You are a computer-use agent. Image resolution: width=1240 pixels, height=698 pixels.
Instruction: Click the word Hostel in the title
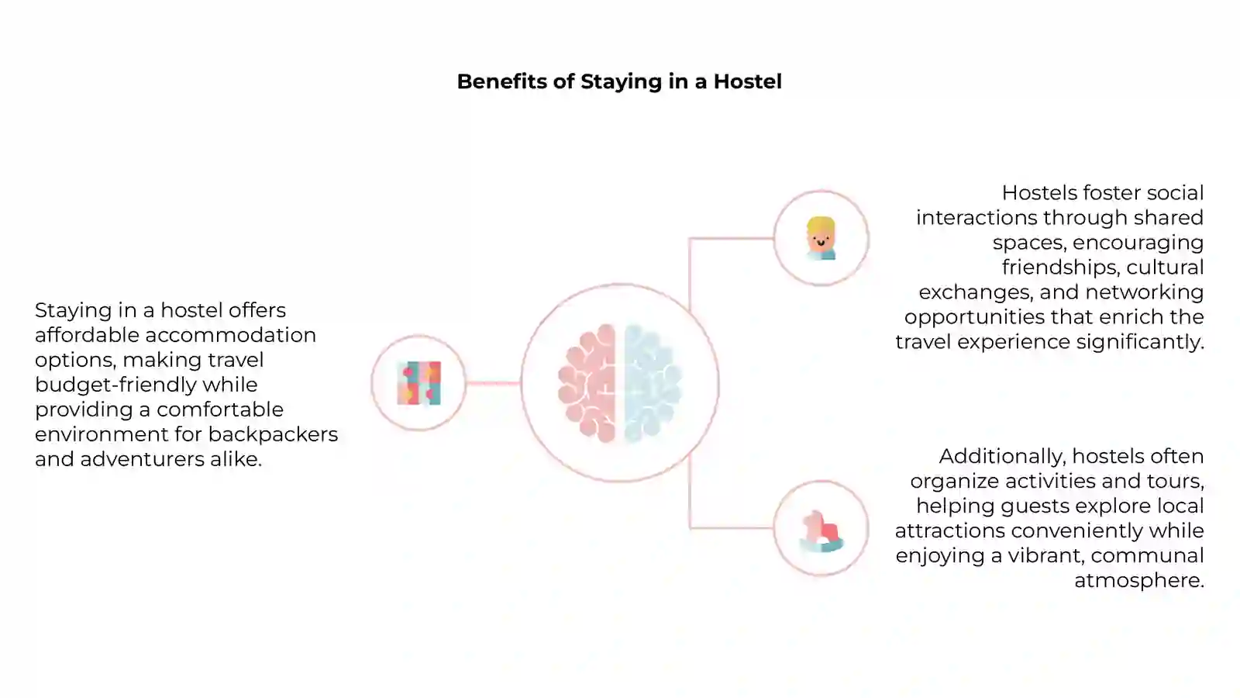click(747, 81)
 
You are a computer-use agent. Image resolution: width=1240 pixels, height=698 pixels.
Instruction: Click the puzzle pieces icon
click(419, 383)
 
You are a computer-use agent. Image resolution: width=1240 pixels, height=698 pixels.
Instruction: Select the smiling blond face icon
click(821, 238)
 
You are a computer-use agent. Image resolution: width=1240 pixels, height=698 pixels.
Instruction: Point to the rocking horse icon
click(821, 531)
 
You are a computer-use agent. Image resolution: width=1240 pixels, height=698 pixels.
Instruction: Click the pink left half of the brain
click(587, 383)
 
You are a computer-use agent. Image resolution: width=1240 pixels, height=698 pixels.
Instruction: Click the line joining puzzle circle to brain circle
click(493, 383)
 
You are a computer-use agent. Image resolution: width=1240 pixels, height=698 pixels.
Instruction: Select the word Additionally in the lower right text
click(1003, 457)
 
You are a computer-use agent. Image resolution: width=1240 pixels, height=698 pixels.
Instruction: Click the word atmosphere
click(1139, 581)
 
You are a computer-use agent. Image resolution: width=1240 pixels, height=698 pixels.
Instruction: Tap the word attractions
click(950, 530)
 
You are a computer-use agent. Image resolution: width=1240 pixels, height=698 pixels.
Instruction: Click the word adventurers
click(143, 459)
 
